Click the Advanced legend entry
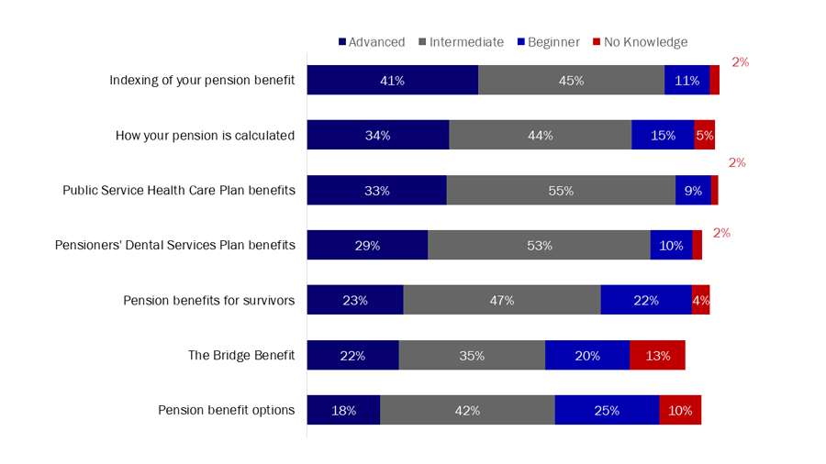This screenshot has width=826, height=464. [372, 42]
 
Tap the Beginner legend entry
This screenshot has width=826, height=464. [549, 42]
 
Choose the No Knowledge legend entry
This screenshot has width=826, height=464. [640, 42]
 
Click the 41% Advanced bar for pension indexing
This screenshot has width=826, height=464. [392, 81]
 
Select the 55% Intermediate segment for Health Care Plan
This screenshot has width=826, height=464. [561, 191]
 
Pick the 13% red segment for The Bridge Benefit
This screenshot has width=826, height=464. [657, 356]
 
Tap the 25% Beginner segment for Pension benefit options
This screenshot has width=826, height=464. [607, 411]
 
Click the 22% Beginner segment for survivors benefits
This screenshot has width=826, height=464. [645, 301]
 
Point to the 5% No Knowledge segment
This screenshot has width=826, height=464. [704, 136]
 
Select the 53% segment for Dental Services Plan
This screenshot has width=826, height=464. [539, 246]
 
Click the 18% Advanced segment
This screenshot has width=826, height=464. [343, 411]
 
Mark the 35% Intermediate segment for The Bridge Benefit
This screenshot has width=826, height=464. [472, 356]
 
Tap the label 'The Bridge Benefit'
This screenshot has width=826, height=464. [241, 356]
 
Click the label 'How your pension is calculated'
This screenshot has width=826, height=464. [205, 136]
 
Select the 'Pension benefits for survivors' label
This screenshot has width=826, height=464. [209, 301]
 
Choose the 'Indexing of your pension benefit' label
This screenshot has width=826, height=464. [202, 81]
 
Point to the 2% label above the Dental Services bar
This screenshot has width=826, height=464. [721, 233]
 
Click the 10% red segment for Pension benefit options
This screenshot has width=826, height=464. [680, 411]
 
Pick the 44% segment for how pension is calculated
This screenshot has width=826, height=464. [540, 136]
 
